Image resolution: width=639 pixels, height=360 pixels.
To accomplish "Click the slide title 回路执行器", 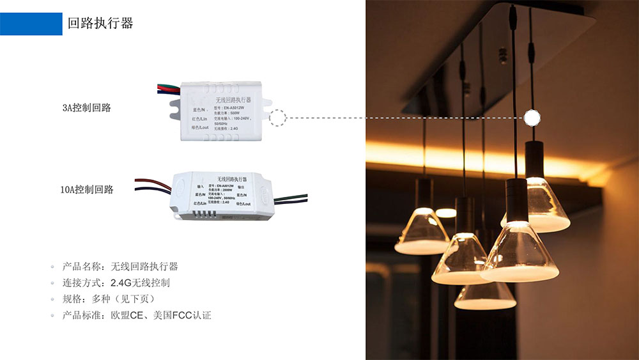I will point(100,24).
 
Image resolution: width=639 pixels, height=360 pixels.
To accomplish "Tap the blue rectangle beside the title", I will point(31,24).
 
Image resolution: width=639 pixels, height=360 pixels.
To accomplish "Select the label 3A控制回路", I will point(86,108).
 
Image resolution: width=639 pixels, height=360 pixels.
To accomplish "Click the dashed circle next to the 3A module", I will point(277,118).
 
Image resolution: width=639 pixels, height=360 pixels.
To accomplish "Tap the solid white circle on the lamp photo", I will point(532,118).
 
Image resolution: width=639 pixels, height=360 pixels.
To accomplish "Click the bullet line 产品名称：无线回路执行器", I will point(120,266).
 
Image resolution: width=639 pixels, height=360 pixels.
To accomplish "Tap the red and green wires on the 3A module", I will point(167,90).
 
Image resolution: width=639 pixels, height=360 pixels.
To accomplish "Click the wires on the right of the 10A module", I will point(291,200).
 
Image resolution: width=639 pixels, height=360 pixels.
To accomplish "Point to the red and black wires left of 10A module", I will point(152,186).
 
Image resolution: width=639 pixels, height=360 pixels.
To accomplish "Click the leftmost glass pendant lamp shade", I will point(422,231).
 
